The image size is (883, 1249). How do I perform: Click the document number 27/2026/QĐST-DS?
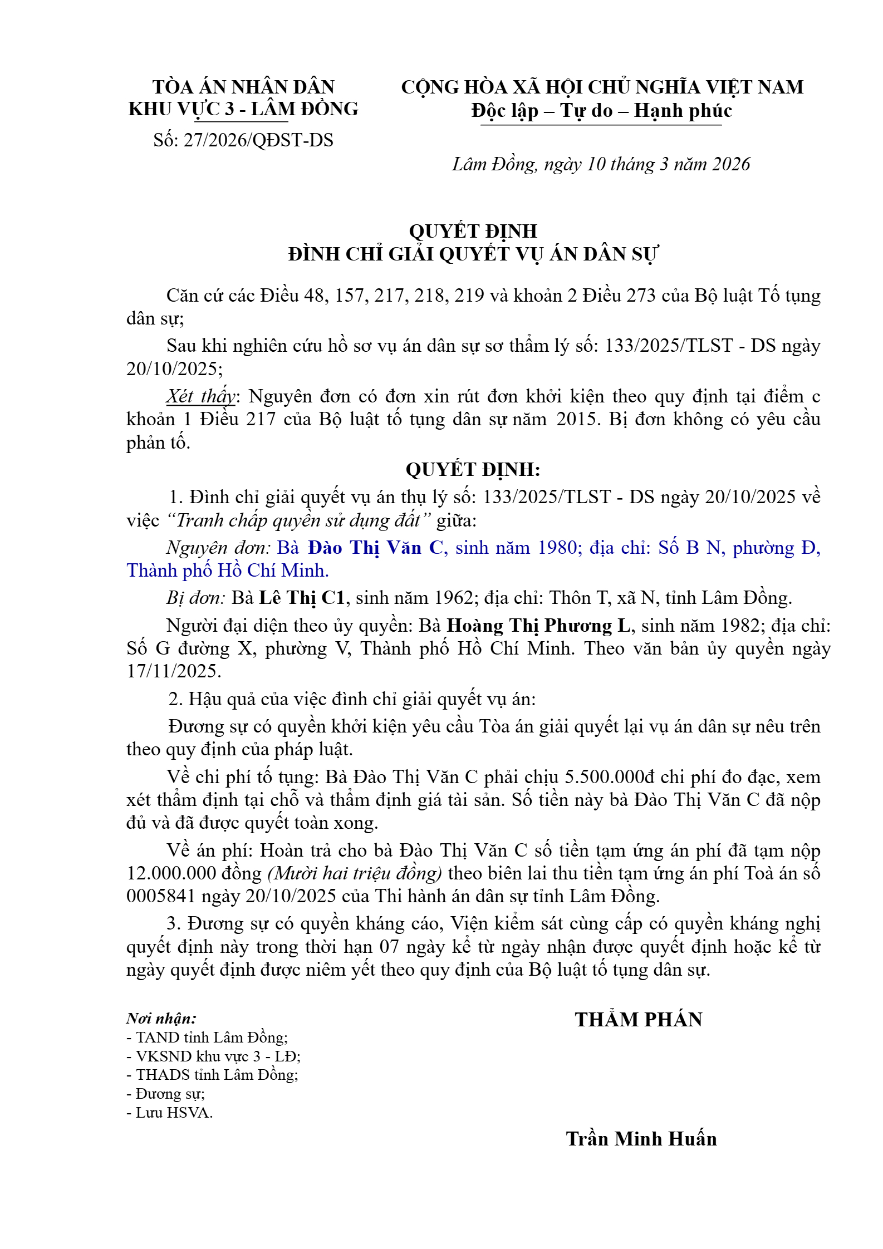[x=258, y=140]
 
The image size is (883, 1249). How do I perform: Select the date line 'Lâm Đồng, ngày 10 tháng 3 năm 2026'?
[x=601, y=164]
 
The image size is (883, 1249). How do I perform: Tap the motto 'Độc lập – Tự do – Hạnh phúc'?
[x=601, y=111]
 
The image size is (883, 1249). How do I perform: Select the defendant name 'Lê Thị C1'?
[x=302, y=598]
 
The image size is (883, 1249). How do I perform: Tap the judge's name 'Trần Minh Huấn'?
[x=641, y=1139]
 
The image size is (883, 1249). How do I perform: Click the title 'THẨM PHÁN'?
[x=639, y=1020]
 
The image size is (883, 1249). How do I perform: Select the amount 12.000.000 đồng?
[x=194, y=873]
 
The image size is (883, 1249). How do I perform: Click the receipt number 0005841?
[x=161, y=896]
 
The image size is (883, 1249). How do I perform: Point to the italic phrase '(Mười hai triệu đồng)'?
[x=355, y=873]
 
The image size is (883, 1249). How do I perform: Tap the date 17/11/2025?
[x=174, y=671]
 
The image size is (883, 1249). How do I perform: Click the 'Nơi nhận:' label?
[x=161, y=1019]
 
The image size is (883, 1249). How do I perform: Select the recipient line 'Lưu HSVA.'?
[x=170, y=1113]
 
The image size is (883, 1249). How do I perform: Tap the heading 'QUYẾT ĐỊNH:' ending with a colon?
[x=473, y=470]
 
